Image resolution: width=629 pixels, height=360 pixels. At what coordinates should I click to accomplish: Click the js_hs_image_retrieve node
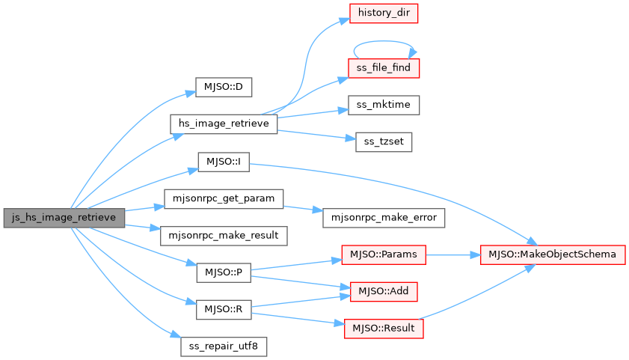click(x=64, y=218)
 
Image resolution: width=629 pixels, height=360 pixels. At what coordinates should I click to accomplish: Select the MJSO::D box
click(x=223, y=87)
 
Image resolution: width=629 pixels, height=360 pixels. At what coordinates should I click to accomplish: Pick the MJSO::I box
click(x=223, y=162)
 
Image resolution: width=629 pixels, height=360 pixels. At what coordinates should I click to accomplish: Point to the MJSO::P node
click(x=223, y=273)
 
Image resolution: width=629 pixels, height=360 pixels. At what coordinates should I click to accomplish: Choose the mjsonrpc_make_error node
click(x=384, y=217)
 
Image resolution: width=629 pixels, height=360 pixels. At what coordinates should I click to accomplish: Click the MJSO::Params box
click(x=384, y=254)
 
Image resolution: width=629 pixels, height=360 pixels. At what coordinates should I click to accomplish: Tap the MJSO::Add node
click(x=384, y=290)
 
